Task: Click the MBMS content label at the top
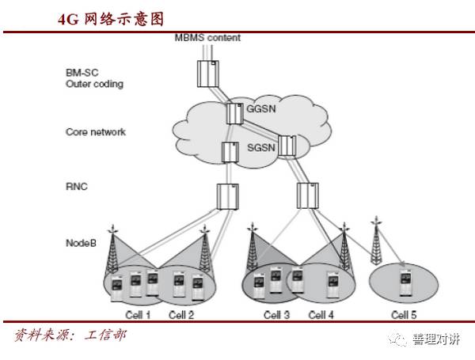pyautogui.click(x=207, y=37)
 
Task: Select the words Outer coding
pyautogui.click(x=94, y=83)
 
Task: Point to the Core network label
pyautogui.click(x=95, y=131)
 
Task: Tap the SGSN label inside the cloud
pyautogui.click(x=262, y=149)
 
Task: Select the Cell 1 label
pyautogui.click(x=138, y=315)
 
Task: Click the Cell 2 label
pyautogui.click(x=181, y=315)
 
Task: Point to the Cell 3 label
pyautogui.click(x=276, y=315)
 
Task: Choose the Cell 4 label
pyautogui.click(x=321, y=315)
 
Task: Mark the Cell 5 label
pyautogui.click(x=401, y=315)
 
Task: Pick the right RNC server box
pyautogui.click(x=306, y=195)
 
